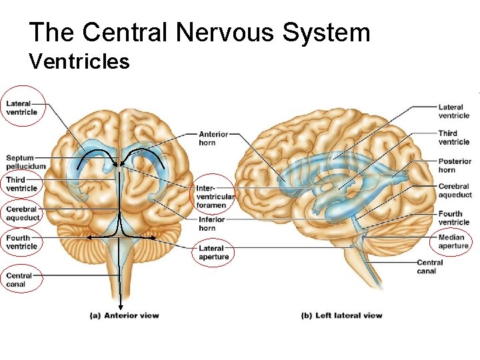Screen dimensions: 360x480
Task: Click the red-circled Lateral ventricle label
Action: [22, 107]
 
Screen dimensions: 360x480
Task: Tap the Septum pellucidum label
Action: [26, 162]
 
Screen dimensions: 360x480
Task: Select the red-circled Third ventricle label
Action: [21, 184]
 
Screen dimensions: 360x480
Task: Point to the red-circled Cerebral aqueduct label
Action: [23, 213]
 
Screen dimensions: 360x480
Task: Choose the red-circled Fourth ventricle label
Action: [22, 242]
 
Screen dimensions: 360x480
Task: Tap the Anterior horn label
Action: [213, 138]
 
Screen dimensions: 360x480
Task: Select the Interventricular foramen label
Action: [215, 197]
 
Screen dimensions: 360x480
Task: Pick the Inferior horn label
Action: [212, 223]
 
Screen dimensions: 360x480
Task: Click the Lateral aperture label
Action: [214, 253]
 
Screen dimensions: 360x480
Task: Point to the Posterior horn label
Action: [455, 165]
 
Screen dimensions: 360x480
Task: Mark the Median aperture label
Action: [453, 241]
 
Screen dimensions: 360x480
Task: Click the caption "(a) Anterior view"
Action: [125, 315]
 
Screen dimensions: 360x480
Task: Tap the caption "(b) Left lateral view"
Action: [341, 315]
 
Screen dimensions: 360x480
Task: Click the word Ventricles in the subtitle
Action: [79, 62]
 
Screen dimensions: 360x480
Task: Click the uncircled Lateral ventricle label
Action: [454, 111]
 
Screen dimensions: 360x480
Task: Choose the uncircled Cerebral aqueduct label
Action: [455, 191]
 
